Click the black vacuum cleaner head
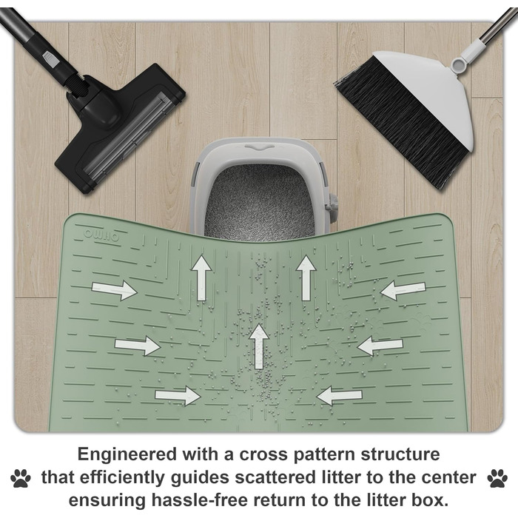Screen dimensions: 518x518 (x=120, y=129)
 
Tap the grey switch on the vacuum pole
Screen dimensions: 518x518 (x=50, y=58)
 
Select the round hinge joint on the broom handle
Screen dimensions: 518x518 (x=460, y=64)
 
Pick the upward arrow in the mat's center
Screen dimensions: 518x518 (x=259, y=346)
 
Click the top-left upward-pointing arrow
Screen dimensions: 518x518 (x=202, y=278)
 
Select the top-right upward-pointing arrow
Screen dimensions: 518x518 (x=306, y=278)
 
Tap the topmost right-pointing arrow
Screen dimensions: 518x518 (x=114, y=290)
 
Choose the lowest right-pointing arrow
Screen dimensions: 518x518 (x=178, y=395)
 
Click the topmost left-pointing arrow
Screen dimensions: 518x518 (x=403, y=290)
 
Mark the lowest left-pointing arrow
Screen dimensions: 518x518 (x=339, y=395)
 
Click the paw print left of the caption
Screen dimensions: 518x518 (x=21, y=478)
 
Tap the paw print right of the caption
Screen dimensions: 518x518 (x=497, y=478)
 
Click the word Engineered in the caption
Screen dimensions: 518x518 (x=127, y=455)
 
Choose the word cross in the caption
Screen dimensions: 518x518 (x=263, y=455)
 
